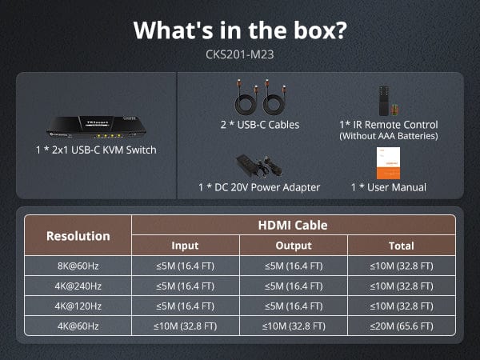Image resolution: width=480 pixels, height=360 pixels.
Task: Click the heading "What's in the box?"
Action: [x=240, y=30]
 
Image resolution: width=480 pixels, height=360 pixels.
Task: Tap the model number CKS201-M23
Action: [x=240, y=54]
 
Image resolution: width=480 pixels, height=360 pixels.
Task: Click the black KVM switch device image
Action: [x=96, y=126]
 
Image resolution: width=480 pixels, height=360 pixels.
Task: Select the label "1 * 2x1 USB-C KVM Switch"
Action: [x=96, y=150]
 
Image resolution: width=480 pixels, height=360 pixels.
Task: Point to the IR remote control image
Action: [x=384, y=101]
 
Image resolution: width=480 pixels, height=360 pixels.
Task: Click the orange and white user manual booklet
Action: [x=388, y=163]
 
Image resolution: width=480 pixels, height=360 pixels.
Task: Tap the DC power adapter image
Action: [x=259, y=166]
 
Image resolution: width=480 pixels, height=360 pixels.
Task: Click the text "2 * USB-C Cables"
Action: [x=260, y=125]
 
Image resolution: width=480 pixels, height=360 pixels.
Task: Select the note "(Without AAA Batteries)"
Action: [x=389, y=136]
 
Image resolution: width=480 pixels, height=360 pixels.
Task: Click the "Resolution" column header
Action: [x=78, y=236]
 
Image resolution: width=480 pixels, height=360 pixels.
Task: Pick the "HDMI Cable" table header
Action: [x=293, y=226]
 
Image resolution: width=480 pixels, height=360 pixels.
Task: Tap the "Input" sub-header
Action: [x=185, y=246]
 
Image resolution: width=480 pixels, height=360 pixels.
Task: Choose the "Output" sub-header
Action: [x=294, y=246]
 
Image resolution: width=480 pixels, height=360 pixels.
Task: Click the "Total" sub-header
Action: [x=402, y=246]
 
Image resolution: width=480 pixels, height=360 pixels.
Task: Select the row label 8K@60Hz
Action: [x=78, y=266]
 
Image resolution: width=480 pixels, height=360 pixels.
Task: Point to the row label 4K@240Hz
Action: [x=78, y=286]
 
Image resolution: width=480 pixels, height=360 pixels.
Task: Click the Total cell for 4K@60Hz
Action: [x=402, y=326]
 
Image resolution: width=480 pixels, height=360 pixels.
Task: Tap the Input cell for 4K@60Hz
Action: [x=186, y=326]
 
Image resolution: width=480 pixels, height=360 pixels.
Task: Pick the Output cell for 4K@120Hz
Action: [x=294, y=306]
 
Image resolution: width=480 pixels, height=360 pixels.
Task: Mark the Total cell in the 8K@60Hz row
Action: [x=402, y=266]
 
